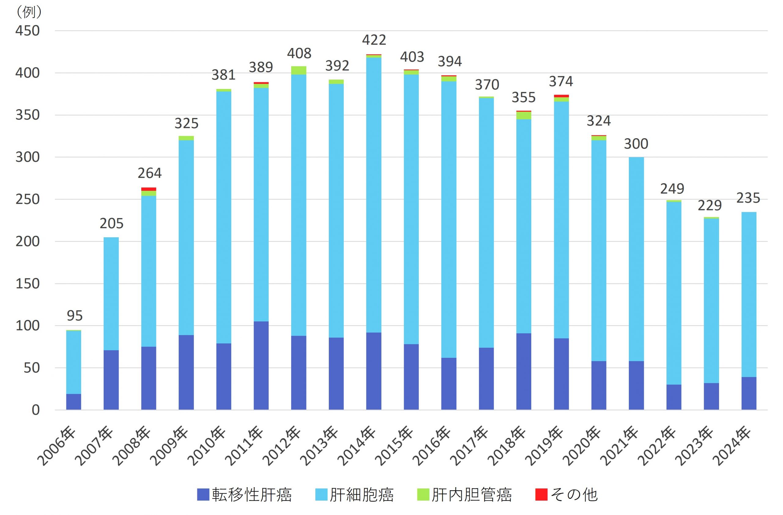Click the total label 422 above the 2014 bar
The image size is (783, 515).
click(374, 40)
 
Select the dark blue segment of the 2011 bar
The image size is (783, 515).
click(261, 365)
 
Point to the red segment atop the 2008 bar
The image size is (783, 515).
click(149, 189)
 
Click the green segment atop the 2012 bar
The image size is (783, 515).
click(299, 70)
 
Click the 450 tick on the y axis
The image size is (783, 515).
click(28, 31)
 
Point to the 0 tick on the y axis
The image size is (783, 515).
click(35, 410)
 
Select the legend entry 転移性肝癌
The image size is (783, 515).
click(244, 495)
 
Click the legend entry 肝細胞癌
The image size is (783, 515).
click(354, 495)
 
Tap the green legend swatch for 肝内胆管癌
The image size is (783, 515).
click(423, 495)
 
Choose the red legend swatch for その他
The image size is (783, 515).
click(541, 495)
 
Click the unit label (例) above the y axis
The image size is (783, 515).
click(29, 12)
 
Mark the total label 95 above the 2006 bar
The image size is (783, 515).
click(74, 316)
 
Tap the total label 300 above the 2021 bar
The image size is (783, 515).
click(636, 144)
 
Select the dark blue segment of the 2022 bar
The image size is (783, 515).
click(674, 397)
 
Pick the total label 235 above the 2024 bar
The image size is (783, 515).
click(748, 198)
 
